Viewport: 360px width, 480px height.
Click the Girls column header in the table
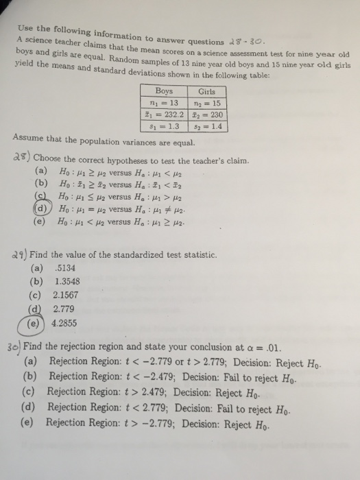pyautogui.click(x=206, y=91)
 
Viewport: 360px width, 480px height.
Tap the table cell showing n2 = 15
pyautogui.click(x=206, y=103)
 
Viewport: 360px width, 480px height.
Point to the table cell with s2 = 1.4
pyautogui.click(x=206, y=127)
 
